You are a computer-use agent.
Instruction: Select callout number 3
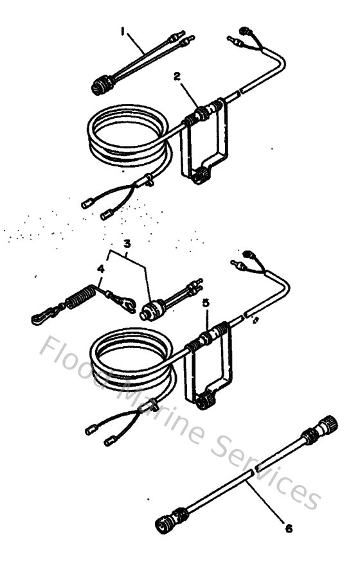coord(127,243)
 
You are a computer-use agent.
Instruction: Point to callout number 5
coord(204,301)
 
